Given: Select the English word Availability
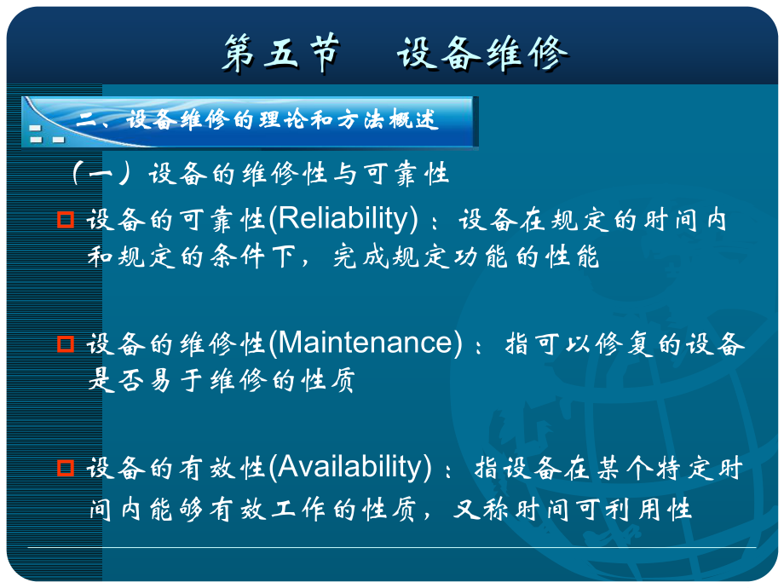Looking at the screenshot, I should tap(349, 467).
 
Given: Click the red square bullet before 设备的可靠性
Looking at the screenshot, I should tap(66, 220).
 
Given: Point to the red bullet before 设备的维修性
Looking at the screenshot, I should tap(66, 343).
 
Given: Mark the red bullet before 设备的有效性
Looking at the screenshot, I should tap(66, 468).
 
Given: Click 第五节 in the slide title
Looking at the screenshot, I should tap(280, 54).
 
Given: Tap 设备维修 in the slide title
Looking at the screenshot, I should tap(482, 54).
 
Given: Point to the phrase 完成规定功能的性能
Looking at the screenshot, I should tap(465, 257).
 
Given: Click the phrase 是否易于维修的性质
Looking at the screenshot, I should tap(221, 380).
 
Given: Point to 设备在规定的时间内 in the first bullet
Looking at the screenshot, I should tap(593, 220).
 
